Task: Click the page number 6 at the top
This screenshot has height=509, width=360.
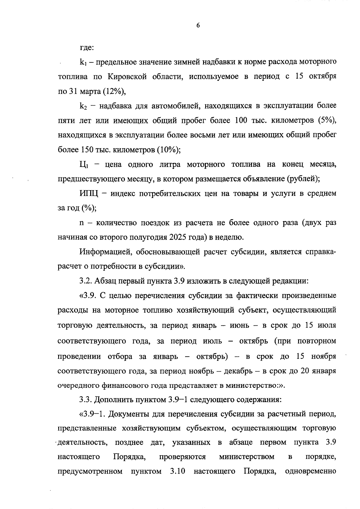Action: (198, 26)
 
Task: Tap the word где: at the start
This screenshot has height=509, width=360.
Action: (87, 47)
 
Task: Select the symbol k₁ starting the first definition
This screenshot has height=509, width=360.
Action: (83, 62)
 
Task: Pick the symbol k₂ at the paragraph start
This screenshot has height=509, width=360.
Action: (83, 106)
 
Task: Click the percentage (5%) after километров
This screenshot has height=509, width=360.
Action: (327, 121)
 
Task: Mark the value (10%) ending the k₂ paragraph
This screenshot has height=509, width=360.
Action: (168, 150)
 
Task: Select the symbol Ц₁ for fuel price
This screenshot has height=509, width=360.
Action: (83, 165)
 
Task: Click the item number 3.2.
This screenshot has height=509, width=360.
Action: (86, 281)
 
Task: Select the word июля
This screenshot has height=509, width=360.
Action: (326, 325)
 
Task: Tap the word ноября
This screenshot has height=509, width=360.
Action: (324, 356)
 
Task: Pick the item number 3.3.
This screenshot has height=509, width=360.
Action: (86, 400)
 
